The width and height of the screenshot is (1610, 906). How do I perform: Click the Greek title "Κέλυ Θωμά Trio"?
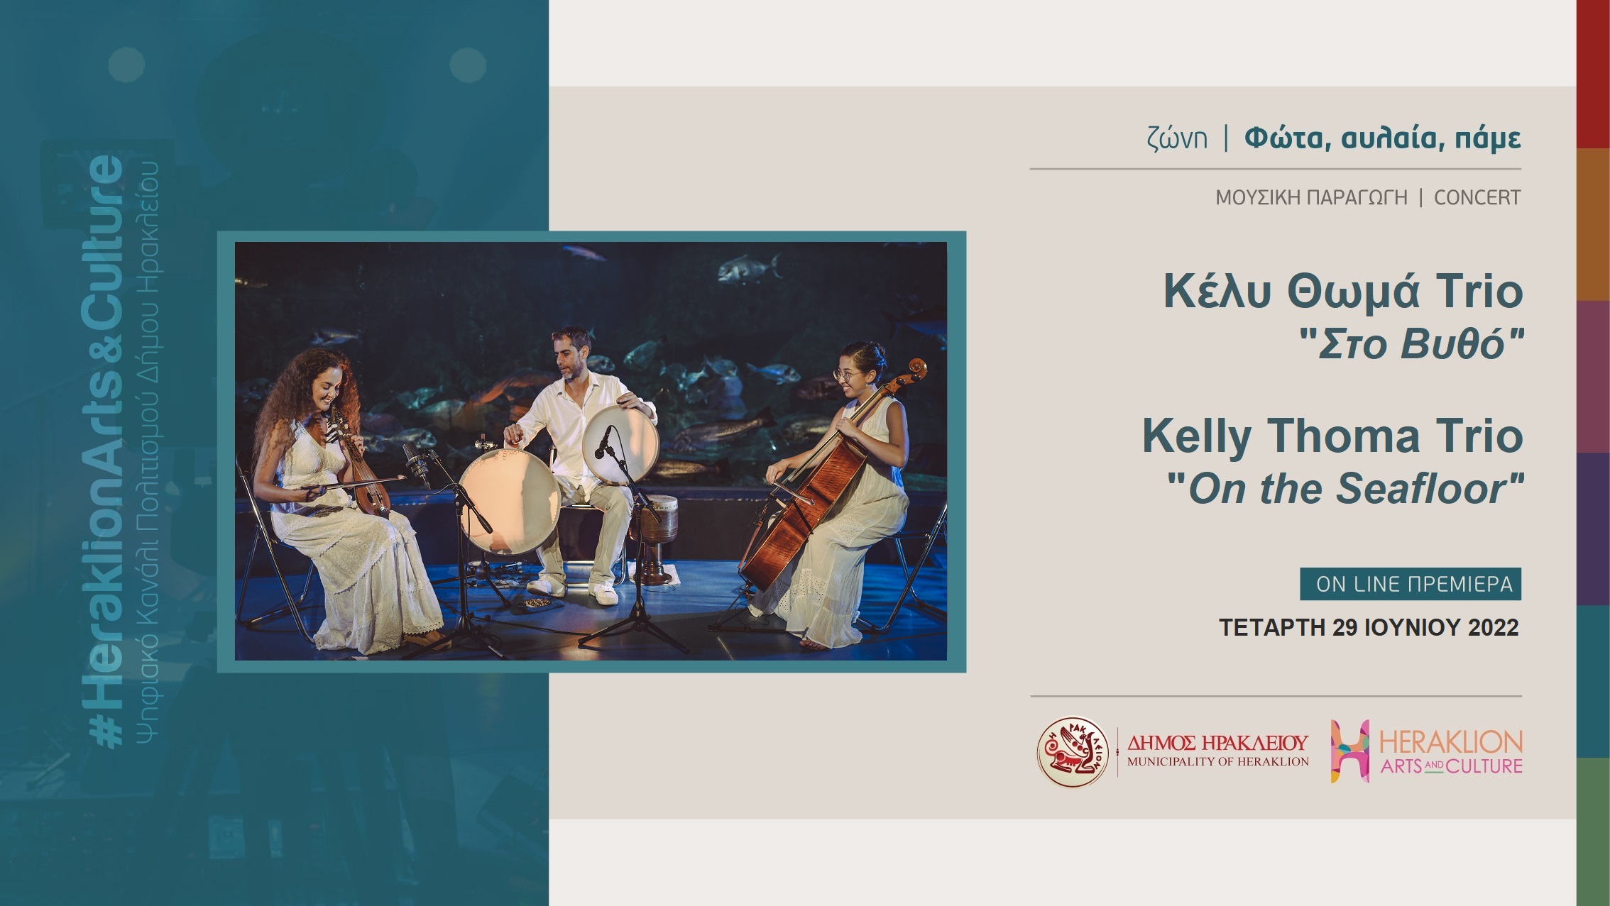tap(1343, 292)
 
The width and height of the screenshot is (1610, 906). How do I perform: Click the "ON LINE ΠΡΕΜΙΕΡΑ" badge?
tap(1411, 584)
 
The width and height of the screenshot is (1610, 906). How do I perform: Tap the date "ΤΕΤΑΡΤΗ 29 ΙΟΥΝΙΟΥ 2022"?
tap(1369, 627)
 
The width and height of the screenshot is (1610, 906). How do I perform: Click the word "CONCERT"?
tap(1477, 197)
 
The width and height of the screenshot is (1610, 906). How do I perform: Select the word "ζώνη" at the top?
tap(1176, 138)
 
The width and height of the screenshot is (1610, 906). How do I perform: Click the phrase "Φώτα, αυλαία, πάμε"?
tap(1383, 138)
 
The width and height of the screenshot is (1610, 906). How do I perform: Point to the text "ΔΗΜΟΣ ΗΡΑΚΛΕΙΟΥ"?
tap(1217, 743)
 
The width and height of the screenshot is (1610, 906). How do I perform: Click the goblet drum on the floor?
tap(654, 538)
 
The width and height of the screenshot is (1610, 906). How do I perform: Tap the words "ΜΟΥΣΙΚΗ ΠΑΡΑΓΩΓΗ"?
tap(1311, 197)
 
